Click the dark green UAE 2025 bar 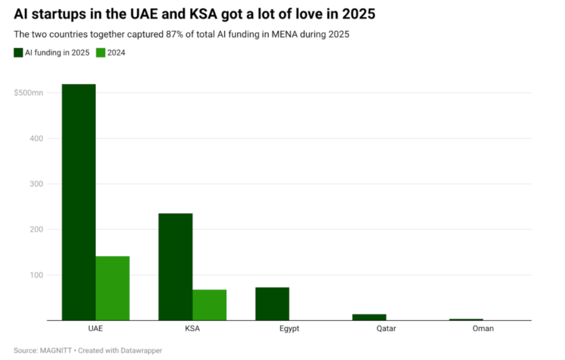(x=78, y=202)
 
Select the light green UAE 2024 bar (x=112, y=288)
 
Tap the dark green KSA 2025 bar (x=175, y=267)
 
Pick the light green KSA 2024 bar (x=209, y=305)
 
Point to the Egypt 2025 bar (x=272, y=304)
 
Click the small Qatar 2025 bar (x=369, y=317)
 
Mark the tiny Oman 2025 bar (x=466, y=319)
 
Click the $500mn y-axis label (x=29, y=93)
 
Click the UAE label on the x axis (x=95, y=328)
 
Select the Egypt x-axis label (x=289, y=328)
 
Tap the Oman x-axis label (x=483, y=328)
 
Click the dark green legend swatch (x=18, y=53)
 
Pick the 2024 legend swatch (x=100, y=53)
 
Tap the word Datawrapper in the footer (x=141, y=351)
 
